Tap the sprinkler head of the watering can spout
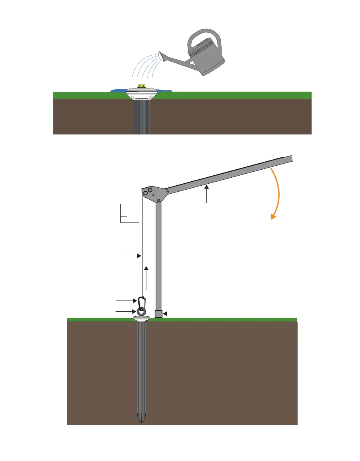coord(162,56)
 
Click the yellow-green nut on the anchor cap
coord(141,86)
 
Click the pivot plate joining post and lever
coord(154,194)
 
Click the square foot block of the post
coord(158,314)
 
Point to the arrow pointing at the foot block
coord(172,314)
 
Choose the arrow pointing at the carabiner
coord(126,300)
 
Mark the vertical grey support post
coord(158,256)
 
